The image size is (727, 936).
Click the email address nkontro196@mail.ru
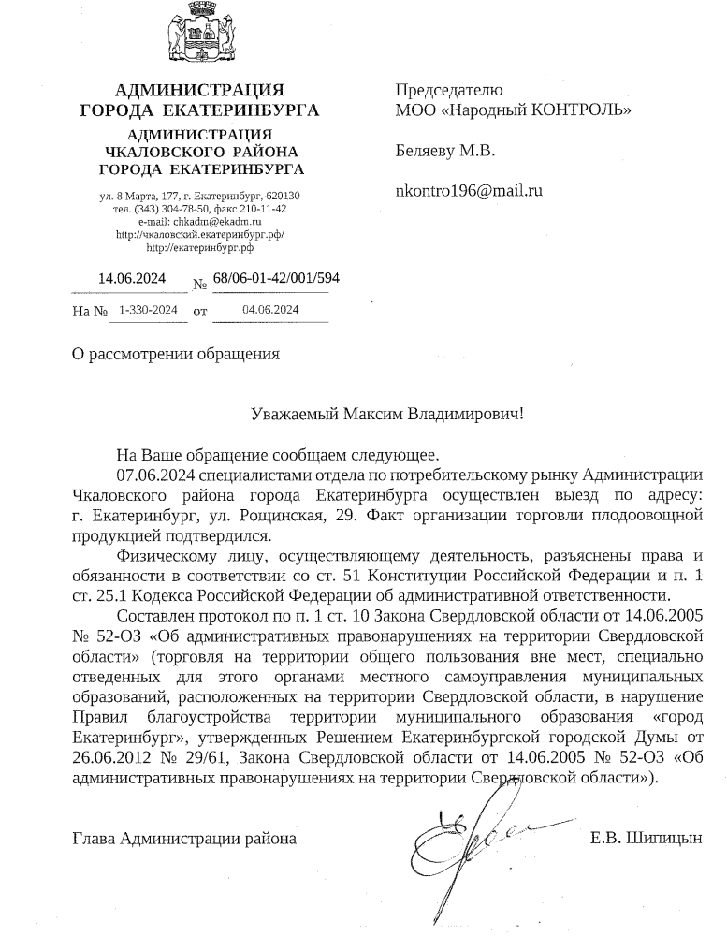(x=470, y=191)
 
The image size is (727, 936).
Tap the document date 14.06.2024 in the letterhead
(x=132, y=278)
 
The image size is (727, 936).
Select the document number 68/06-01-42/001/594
(x=276, y=278)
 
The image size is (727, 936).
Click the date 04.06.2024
(x=270, y=309)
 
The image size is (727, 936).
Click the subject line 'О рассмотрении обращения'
(x=176, y=354)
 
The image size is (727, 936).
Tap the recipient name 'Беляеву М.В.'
(x=445, y=151)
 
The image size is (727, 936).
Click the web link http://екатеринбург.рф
(x=200, y=248)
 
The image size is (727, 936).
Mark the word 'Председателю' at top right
(x=449, y=91)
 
